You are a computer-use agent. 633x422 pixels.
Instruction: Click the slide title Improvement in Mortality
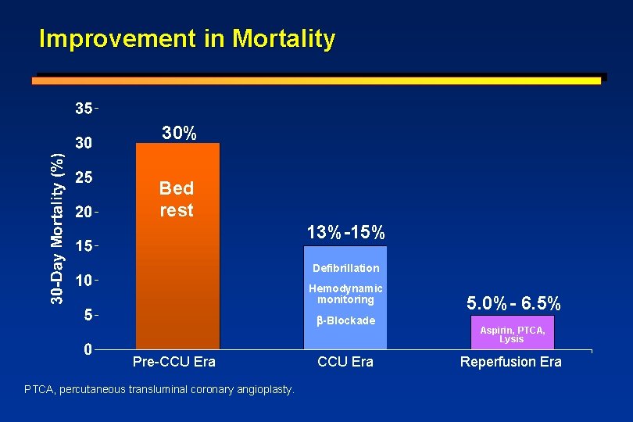[187, 38]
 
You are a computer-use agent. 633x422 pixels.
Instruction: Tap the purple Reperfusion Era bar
[512, 333]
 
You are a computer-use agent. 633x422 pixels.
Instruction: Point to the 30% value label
[179, 134]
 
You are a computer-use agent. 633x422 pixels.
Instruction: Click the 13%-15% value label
[345, 233]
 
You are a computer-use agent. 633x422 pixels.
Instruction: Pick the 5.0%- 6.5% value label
[513, 302]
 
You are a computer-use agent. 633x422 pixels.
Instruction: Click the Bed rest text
[177, 199]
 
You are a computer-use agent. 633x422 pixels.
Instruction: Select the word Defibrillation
[345, 268]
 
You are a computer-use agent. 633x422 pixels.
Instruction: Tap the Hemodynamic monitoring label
[345, 294]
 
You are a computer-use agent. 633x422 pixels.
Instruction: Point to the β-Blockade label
[345, 320]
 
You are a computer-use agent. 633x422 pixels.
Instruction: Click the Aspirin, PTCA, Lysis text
[512, 334]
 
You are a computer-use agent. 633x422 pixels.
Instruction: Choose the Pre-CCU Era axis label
[174, 362]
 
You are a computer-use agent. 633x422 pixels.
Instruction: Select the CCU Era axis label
[345, 362]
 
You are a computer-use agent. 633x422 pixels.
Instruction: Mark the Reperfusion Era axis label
[511, 362]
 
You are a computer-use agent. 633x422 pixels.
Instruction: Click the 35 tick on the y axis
[84, 109]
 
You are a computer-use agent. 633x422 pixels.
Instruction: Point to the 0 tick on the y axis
[89, 349]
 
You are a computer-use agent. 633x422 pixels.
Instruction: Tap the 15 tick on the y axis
[84, 246]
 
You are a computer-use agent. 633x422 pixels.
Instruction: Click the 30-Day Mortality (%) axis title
[57, 227]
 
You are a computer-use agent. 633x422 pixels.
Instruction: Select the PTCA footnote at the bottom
[159, 389]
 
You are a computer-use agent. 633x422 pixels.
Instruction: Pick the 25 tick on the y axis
[84, 177]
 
